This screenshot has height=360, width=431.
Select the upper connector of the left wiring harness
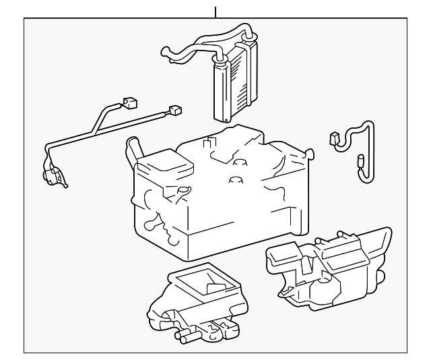(130, 103)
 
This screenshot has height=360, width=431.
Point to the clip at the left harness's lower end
(55, 177)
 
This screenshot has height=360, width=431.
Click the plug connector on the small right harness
(335, 138)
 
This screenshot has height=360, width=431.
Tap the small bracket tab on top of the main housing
(210, 143)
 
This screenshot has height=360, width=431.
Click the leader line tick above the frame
(215, 11)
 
